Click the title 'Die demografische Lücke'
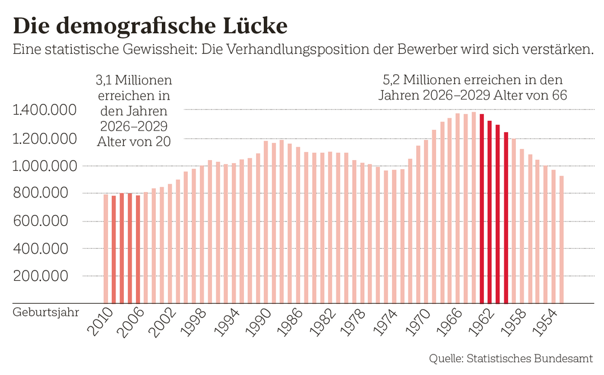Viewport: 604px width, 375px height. click(150, 26)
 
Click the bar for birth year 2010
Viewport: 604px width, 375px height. click(106, 248)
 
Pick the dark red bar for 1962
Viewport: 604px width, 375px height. click(490, 212)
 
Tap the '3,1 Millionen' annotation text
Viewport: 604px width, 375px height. click(134, 80)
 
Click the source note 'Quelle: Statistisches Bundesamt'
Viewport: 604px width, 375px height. click(511, 358)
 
